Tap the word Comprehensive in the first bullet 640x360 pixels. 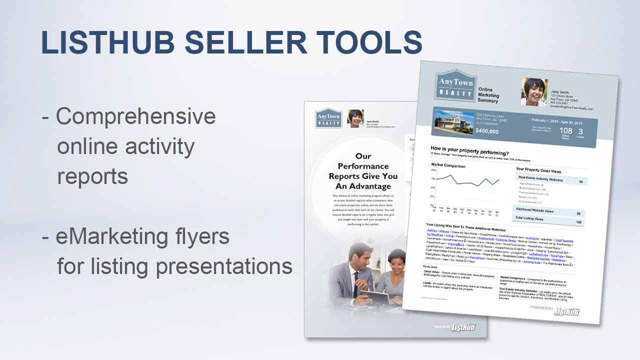pyautogui.click(x=136, y=116)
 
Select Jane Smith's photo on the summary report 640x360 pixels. pyautogui.click(x=534, y=92)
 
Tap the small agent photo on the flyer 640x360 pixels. pyautogui.click(x=355, y=119)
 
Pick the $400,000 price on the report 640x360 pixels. pyautogui.click(x=487, y=131)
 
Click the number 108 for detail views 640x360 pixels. pyautogui.click(x=565, y=131)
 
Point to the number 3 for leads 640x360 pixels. pyautogui.click(x=580, y=132)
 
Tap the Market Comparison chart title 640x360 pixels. pyautogui.click(x=448, y=166)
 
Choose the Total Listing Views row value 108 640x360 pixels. pyautogui.click(x=578, y=222)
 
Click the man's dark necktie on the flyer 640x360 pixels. pyautogui.click(x=356, y=280)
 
